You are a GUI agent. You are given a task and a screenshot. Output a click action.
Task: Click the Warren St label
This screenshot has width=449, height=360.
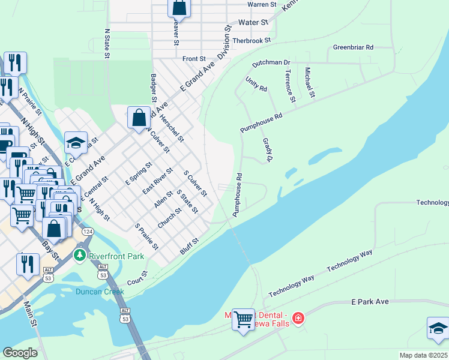coord(262,4)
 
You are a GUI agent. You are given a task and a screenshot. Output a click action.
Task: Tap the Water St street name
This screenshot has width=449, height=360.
coord(253,22)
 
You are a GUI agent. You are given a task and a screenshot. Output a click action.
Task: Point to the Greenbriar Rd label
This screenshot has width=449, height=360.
coord(353,47)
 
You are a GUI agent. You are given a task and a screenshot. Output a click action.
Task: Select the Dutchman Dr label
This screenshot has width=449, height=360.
coord(271,62)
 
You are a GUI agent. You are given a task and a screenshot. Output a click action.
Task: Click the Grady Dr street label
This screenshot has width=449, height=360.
coord(268,150)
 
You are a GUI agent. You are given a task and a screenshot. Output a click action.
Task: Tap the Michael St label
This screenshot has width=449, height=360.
coord(310,83)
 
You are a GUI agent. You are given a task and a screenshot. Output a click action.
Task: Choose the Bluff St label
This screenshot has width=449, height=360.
coord(190,245)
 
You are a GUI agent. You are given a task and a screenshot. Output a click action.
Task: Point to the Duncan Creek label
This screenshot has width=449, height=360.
coord(100,292)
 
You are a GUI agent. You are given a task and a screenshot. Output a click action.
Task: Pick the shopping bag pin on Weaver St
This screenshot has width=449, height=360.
coord(179,8)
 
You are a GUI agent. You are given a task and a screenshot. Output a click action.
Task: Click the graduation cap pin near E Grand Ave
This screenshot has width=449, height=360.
coord(76,143)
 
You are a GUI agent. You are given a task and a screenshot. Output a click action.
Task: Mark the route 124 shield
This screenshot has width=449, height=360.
coord(88,232)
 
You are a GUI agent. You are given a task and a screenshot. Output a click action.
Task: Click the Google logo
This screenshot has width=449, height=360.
coord(20,353)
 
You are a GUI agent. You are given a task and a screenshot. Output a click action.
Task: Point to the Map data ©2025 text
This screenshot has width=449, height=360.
coord(423,355)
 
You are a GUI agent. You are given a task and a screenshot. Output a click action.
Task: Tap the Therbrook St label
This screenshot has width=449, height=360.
coord(252,40)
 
